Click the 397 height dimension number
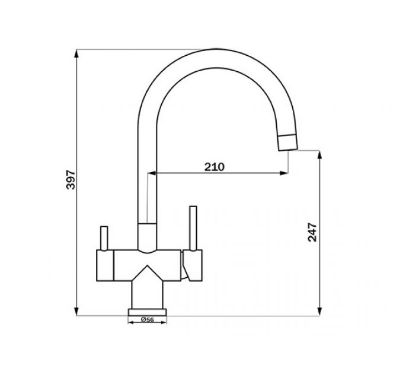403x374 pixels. point(71,179)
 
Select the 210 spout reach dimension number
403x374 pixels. point(214,167)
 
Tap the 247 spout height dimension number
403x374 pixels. point(313,232)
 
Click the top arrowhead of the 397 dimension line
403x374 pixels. point(77,54)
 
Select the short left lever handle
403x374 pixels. point(104,238)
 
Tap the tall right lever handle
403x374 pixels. point(193,229)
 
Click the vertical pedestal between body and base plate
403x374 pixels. point(147,294)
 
